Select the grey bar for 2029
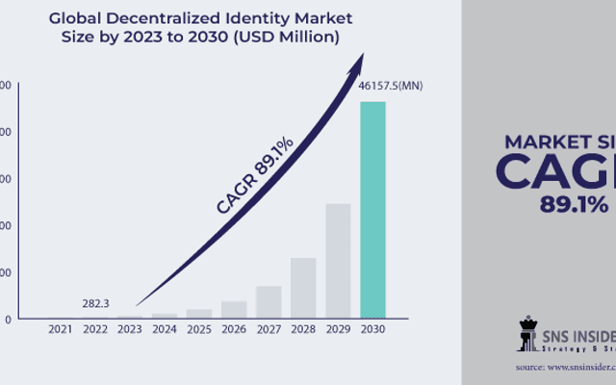pyautogui.click(x=338, y=260)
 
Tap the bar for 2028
pyautogui.click(x=303, y=287)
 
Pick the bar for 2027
pyautogui.click(x=269, y=301)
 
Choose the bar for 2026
pyautogui.click(x=234, y=309)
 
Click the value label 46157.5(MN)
pyautogui.click(x=391, y=87)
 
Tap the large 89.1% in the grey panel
pyautogui.click(x=574, y=204)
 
